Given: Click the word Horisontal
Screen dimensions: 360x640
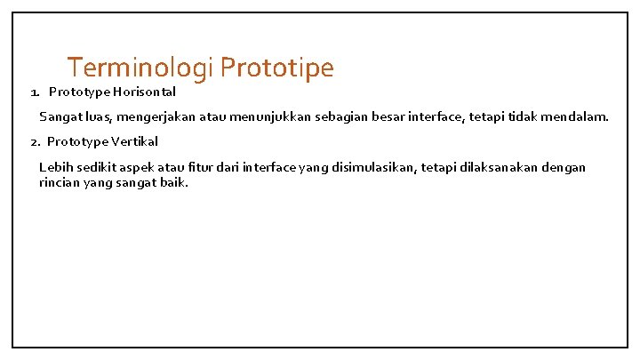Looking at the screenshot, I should point(143,92).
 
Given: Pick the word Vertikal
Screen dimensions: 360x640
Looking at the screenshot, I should point(133,141).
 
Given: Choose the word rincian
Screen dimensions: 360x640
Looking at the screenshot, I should point(60,183).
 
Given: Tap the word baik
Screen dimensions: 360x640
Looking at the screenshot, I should point(175,183).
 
